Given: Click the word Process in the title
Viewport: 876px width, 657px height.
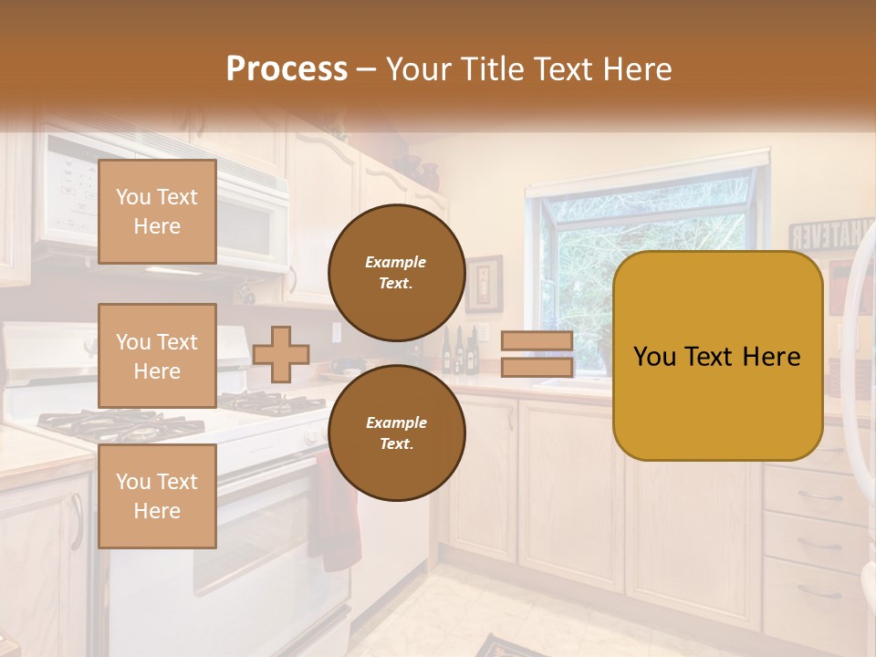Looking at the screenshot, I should point(287,68).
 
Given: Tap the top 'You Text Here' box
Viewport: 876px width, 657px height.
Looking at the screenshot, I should point(157,212).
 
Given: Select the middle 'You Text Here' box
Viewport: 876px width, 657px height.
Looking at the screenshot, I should point(157,356).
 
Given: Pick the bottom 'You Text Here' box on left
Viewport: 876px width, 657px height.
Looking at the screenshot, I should point(157,495).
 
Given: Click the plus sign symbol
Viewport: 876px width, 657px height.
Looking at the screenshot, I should point(280,354).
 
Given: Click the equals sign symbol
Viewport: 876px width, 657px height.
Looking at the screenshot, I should point(537,354).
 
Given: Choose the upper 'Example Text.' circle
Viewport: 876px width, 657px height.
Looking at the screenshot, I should point(396,272).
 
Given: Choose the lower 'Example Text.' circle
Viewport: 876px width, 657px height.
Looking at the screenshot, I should point(396,433).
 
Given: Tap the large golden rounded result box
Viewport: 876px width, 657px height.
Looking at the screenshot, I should point(717,355).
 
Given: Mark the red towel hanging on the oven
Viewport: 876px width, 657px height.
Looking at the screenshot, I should point(336,511).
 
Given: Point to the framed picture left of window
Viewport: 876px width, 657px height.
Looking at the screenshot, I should point(485,283).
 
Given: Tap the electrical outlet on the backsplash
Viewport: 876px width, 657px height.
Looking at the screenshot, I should point(336,331).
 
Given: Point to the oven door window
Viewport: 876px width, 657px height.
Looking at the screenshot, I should point(265,538).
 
